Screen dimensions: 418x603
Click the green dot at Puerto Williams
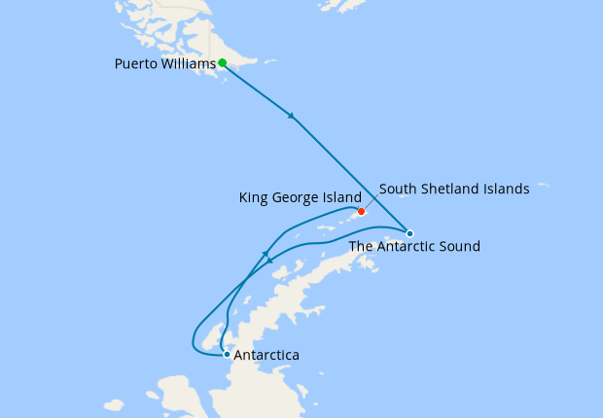pyautogui.click(x=223, y=63)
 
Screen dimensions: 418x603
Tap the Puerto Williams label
pyautogui.click(x=164, y=64)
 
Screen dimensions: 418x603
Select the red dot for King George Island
pyautogui.click(x=361, y=212)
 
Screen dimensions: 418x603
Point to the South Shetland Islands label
pyautogui.click(x=454, y=189)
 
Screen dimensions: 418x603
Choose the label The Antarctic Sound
pyautogui.click(x=414, y=247)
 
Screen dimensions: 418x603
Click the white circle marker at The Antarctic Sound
pyautogui.click(x=410, y=233)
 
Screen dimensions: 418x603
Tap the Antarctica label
pyautogui.click(x=266, y=356)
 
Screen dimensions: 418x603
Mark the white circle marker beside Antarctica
pyautogui.click(x=227, y=354)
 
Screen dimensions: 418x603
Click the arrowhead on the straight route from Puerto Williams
pyautogui.click(x=291, y=117)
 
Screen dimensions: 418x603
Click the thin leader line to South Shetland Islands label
pyautogui.click(x=370, y=201)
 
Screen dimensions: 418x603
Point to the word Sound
pyautogui.click(x=460, y=247)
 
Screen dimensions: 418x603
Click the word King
pyautogui.click(x=255, y=197)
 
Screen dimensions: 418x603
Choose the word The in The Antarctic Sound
pyautogui.click(x=362, y=247)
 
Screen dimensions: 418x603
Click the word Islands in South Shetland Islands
pyautogui.click(x=507, y=189)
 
